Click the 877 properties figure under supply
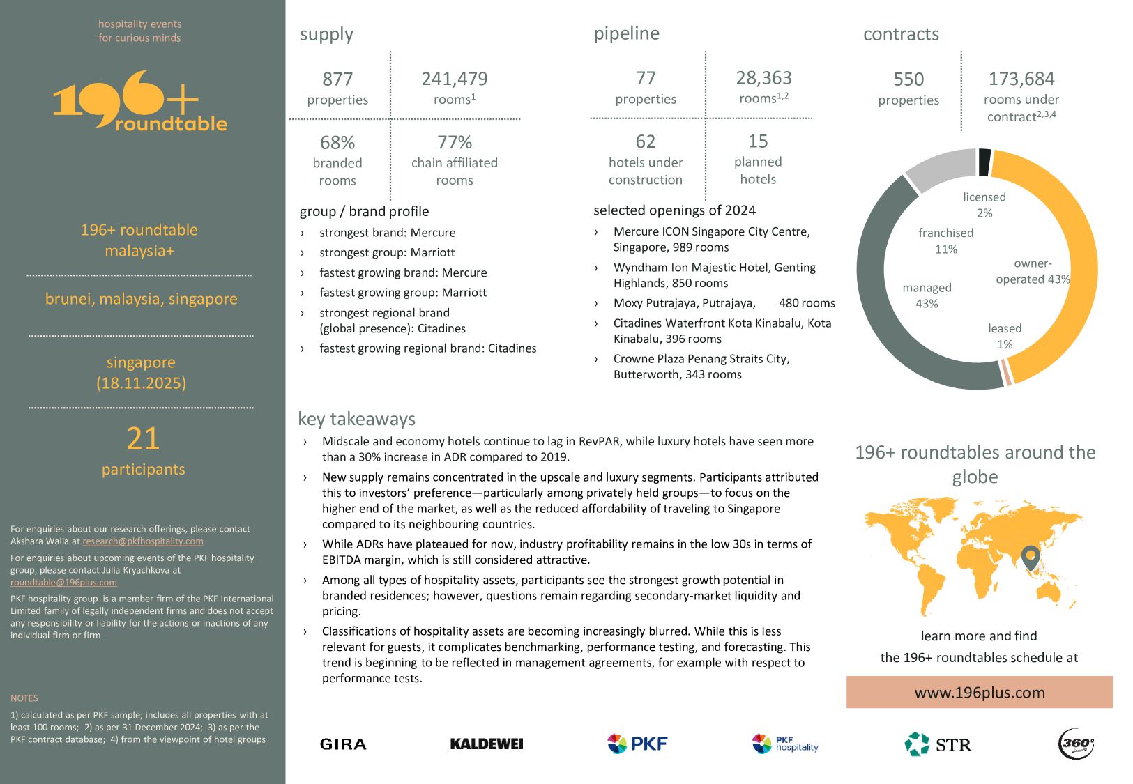pos(337,79)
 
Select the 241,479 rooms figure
pos(455,79)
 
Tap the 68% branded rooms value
pos(337,143)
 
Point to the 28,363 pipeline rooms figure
pos(763,78)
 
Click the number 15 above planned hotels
pos(758,141)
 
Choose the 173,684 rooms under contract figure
pos(1021,79)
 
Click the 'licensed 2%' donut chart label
pos(984,205)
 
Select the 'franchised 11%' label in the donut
pos(945,240)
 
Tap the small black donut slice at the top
pos(984,162)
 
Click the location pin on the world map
pos(1031,557)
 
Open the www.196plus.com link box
pos(979,692)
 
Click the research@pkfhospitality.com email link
pos(143,541)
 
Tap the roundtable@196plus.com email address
pos(63,583)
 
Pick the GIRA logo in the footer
pos(343,744)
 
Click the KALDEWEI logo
pos(487,744)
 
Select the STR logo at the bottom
pos(938,744)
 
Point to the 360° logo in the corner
pos(1076,744)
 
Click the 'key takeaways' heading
pos(356,419)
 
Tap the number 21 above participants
pos(143,439)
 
